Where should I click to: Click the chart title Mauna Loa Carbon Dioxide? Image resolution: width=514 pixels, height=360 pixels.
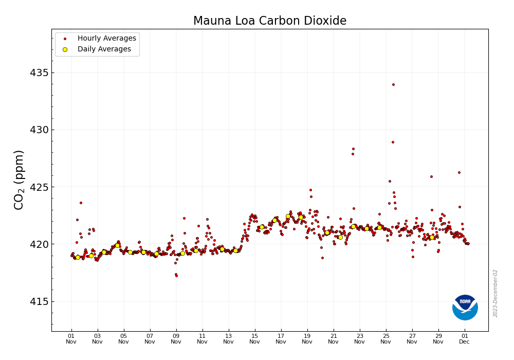tap(269, 21)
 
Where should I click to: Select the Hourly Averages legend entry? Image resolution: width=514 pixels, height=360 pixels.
tap(106, 39)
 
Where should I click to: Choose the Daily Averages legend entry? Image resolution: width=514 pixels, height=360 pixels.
tap(104, 49)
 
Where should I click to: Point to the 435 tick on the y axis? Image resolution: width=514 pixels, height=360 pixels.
tap(39, 73)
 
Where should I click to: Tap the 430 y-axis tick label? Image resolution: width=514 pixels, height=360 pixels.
tap(39, 130)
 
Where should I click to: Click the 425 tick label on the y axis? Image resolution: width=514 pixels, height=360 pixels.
tap(39, 187)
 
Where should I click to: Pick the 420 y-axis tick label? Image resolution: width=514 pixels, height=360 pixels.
tap(39, 244)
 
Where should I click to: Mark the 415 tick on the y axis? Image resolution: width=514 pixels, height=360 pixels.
tap(39, 301)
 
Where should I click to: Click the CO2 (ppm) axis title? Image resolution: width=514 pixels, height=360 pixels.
tap(19, 179)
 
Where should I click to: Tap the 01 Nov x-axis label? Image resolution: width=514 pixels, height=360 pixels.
tap(71, 338)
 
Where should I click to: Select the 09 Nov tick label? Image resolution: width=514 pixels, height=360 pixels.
tap(176, 338)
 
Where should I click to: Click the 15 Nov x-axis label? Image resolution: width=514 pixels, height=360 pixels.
tap(255, 338)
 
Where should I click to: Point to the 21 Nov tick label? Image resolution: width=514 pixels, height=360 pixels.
tap(334, 338)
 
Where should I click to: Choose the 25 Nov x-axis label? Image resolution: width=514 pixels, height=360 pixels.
tap(386, 338)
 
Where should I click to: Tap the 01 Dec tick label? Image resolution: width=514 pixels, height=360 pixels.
tap(464, 338)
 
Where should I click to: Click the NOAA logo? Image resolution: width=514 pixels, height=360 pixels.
tap(465, 308)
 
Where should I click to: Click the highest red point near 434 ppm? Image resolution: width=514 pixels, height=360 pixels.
tap(393, 84)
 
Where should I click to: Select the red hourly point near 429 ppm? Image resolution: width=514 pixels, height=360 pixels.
tap(393, 142)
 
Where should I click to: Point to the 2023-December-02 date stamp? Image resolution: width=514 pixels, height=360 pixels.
tap(495, 293)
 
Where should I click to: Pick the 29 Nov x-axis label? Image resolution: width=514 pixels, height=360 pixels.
tap(438, 338)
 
